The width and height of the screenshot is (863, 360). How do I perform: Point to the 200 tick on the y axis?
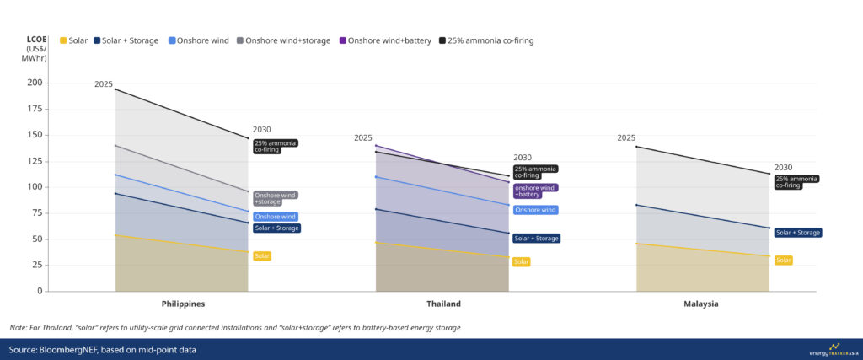[x=34, y=83]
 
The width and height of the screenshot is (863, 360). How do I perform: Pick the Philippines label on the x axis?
[x=183, y=304]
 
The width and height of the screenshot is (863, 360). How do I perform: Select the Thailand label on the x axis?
[x=442, y=304]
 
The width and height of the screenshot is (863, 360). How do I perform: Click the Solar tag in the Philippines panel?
[x=262, y=256]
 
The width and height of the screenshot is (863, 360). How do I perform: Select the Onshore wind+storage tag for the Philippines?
[x=269, y=198]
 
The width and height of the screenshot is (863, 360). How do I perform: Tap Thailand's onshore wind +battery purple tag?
[x=535, y=191]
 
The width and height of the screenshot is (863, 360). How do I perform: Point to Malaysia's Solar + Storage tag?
[x=797, y=233]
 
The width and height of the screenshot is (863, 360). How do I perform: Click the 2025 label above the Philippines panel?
[x=104, y=84]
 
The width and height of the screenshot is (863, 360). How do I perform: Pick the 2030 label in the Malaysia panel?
[x=783, y=167]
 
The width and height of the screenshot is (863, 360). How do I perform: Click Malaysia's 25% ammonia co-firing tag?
[x=796, y=181]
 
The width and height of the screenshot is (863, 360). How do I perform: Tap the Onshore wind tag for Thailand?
[x=535, y=210]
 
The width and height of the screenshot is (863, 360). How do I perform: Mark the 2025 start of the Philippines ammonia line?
[x=115, y=89]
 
